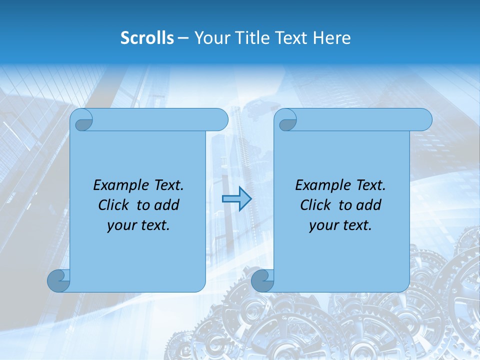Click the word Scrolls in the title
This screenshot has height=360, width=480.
(147, 38)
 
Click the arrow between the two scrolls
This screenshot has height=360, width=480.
(236, 199)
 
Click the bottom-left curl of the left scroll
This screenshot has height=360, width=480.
(58, 281)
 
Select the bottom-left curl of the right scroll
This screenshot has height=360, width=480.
(262, 281)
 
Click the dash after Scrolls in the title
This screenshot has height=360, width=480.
(183, 38)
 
